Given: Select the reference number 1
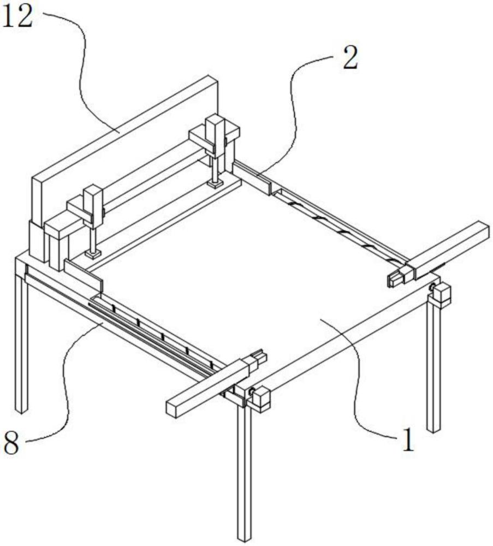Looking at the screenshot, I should coord(407,441).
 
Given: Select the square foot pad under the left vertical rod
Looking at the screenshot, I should coord(93,253).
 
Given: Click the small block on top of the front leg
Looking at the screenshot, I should coord(259,398).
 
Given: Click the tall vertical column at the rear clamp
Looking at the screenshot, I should coord(215,136).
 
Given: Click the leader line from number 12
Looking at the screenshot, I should coord(82,71).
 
